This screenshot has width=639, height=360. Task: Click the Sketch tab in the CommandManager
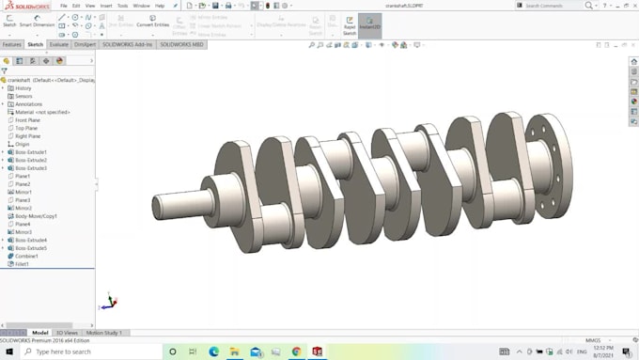[x=36, y=44]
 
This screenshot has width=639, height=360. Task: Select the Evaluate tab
[x=59, y=44]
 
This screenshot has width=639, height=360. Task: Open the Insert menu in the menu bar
[x=106, y=6]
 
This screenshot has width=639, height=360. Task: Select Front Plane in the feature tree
[x=27, y=120]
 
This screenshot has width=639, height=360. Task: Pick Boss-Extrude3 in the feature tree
[x=31, y=168]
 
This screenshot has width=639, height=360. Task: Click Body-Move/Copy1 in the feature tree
[x=35, y=216]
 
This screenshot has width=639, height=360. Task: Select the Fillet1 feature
[x=23, y=264]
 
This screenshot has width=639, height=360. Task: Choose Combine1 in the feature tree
[x=26, y=256]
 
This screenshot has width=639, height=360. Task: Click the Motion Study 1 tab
[x=104, y=333]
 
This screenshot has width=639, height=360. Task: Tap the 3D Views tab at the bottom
[x=67, y=333]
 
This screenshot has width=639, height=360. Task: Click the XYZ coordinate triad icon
[x=110, y=302]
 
